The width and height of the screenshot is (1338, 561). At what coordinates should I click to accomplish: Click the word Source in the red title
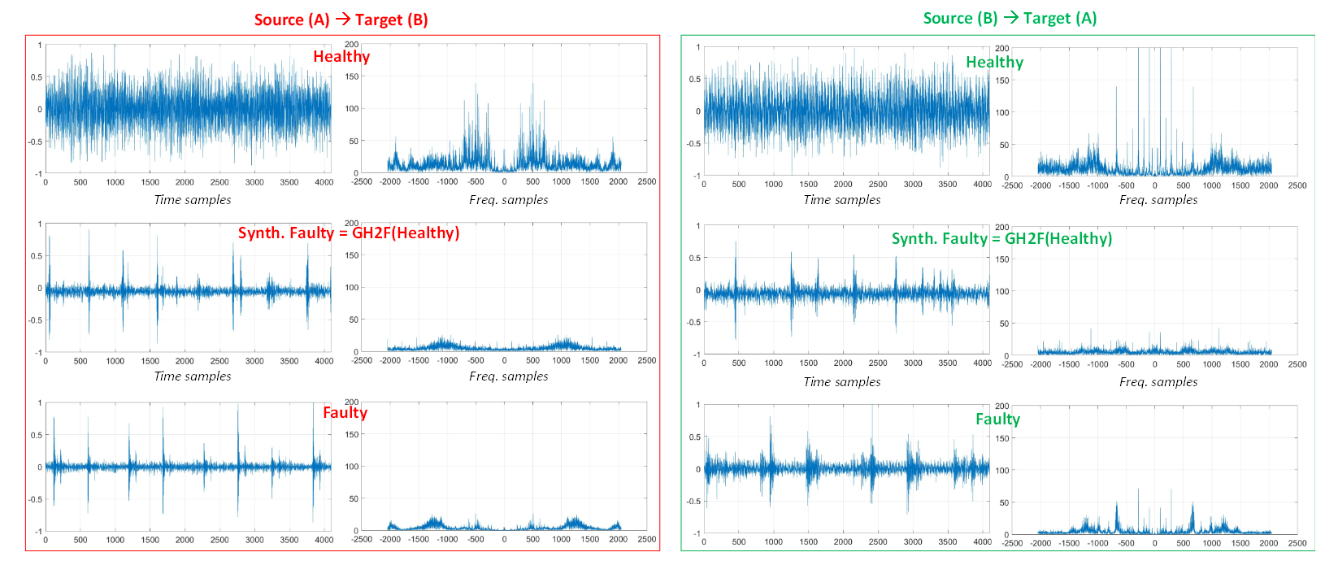pyautogui.click(x=279, y=20)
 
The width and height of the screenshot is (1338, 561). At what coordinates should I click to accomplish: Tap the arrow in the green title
pyautogui.click(x=1010, y=17)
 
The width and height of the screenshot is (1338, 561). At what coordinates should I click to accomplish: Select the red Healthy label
pyautogui.click(x=341, y=56)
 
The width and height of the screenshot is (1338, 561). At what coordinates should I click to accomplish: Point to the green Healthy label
pyautogui.click(x=994, y=62)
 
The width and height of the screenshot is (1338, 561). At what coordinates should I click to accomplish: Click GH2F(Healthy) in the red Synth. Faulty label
pyautogui.click(x=406, y=233)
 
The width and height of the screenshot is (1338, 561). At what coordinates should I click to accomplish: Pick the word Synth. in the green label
pyautogui.click(x=915, y=238)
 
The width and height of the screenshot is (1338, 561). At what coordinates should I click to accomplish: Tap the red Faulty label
pyautogui.click(x=345, y=412)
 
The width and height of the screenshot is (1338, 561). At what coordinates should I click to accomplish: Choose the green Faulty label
pyautogui.click(x=997, y=419)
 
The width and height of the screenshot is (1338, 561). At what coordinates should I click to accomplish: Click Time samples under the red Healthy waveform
pyautogui.click(x=193, y=200)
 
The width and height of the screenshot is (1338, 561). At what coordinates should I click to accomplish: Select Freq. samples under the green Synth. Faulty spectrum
pyautogui.click(x=1158, y=382)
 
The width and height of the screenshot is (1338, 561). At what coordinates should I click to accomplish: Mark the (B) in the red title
pyautogui.click(x=415, y=20)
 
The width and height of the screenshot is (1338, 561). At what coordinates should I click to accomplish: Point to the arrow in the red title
pyautogui.click(x=342, y=19)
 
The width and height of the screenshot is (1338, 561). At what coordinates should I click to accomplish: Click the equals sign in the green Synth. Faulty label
pyautogui.click(x=995, y=238)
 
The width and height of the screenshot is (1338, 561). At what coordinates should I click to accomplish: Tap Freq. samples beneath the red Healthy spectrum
pyautogui.click(x=508, y=200)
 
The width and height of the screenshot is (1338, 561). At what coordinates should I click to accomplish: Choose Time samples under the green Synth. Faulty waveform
pyautogui.click(x=842, y=382)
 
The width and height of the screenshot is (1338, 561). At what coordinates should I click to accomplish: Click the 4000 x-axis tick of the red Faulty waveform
pyautogui.click(x=324, y=540)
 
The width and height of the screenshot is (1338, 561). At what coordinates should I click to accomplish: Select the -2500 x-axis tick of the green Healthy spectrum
pyautogui.click(x=1012, y=185)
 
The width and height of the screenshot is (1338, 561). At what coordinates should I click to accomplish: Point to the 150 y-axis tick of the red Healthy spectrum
pyautogui.click(x=352, y=76)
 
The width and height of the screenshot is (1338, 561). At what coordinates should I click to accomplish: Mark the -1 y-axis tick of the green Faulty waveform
pyautogui.click(x=696, y=534)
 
